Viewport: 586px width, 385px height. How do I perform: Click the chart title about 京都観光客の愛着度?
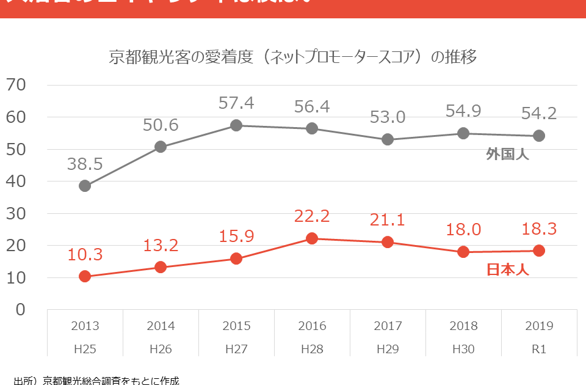(292, 57)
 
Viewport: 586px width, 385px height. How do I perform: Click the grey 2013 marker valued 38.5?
(85, 186)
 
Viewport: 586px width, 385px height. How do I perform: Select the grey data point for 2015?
(236, 125)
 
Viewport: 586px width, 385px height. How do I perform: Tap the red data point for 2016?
(312, 238)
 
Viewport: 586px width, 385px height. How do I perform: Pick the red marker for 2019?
(539, 251)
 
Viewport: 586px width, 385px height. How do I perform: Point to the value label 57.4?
(236, 103)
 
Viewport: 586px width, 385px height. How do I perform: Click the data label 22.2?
(312, 216)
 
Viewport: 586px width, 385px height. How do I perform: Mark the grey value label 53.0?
(388, 117)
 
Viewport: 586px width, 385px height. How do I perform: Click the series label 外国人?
(507, 154)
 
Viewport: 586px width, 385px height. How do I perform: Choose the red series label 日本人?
(507, 269)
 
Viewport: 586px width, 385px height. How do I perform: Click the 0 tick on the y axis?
(20, 310)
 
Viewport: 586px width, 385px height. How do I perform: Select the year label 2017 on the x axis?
(388, 326)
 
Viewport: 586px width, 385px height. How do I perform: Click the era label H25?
(85, 348)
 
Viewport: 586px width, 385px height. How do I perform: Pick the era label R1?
(539, 348)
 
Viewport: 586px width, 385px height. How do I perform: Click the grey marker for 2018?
(463, 133)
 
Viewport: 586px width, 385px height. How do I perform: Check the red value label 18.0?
(463, 229)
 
